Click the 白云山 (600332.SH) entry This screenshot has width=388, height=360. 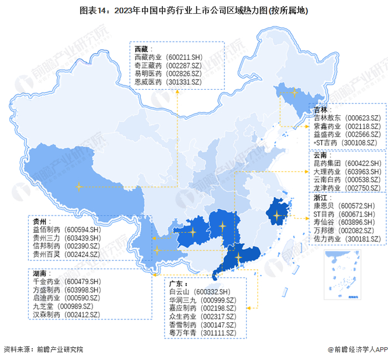click(x=199, y=292)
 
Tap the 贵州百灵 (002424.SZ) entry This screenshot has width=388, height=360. click(x=65, y=254)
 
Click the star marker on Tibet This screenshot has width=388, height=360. click(x=79, y=187)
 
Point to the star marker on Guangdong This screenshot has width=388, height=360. click(x=238, y=258)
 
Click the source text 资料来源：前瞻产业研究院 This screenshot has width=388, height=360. click(x=44, y=349)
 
